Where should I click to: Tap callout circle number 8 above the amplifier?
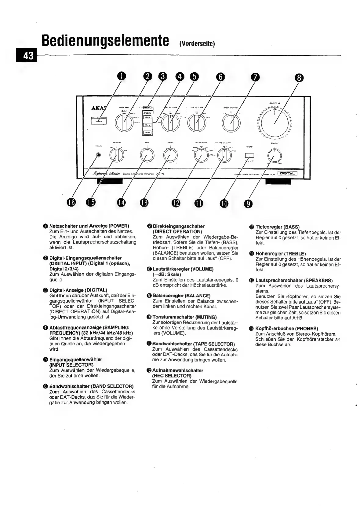point(299,79)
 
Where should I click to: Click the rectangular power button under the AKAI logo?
point(98,121)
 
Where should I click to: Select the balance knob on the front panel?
point(274,156)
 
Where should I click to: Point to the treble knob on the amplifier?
point(170,156)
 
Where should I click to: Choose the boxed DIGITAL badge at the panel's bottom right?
point(287,174)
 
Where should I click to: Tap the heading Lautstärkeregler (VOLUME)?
point(183,269)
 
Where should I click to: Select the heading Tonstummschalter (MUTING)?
point(184,317)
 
